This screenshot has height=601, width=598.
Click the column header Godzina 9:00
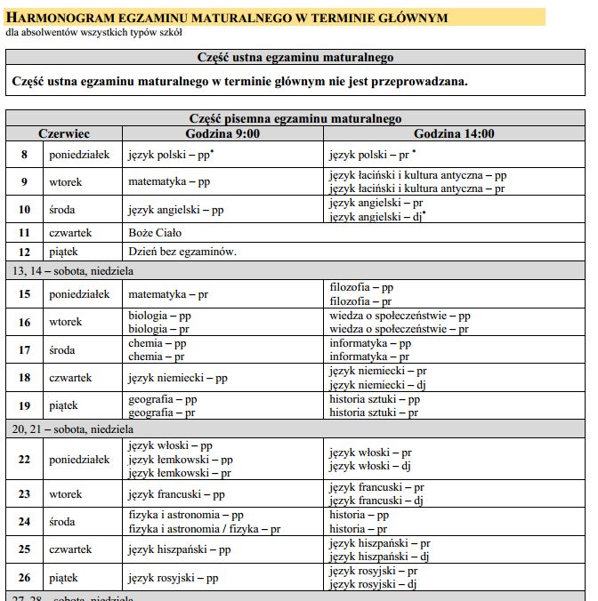222,133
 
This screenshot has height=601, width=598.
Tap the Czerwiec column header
63,133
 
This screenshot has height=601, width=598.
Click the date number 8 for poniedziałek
25,155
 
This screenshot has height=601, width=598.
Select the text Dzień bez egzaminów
182,252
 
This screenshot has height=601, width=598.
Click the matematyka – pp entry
168,182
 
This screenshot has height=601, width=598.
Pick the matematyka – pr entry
168,293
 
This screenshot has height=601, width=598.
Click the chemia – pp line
157,343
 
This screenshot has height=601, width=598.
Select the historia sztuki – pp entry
374,399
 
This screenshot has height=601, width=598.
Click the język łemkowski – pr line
181,473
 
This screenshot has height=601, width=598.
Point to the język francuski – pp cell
176,494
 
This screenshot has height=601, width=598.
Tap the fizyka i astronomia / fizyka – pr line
205,528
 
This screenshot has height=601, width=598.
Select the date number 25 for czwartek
25,549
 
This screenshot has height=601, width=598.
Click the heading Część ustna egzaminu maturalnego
295,58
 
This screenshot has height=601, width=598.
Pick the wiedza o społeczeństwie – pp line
400,316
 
